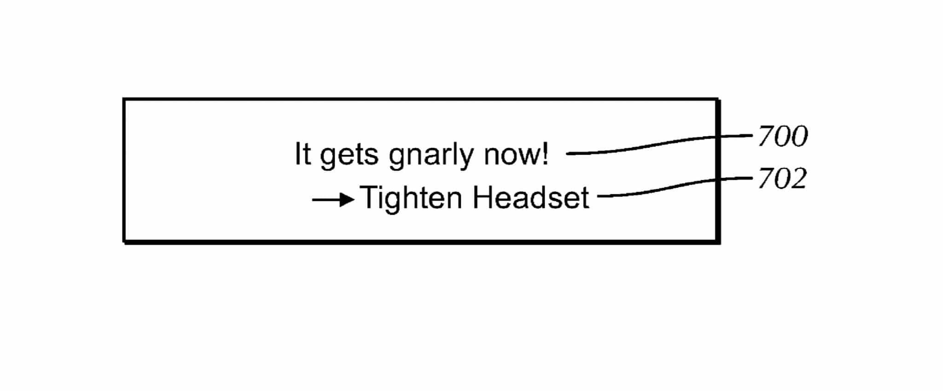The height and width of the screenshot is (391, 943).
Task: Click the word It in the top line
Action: pos(303,154)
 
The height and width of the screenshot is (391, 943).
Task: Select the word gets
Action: pos(349,156)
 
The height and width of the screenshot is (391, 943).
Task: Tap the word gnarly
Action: pos(431,156)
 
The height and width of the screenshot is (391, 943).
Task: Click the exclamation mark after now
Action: pos(544,154)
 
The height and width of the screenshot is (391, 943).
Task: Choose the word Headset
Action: pos(531,198)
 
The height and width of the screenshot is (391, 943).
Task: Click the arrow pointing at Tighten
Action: pos(333,200)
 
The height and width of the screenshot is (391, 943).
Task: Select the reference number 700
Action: pos(783,136)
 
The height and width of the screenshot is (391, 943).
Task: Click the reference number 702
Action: pos(782,179)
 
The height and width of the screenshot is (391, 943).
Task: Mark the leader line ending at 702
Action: pos(675,187)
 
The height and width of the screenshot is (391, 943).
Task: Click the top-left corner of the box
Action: pos(124,99)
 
